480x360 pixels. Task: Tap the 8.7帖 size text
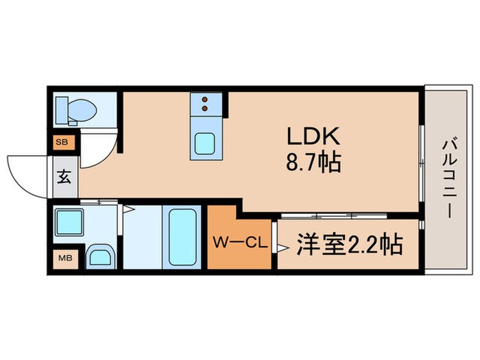315,163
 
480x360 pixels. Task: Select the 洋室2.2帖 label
349,244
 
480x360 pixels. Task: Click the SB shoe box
62,143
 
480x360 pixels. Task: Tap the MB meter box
62,259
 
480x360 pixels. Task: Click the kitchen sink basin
206,144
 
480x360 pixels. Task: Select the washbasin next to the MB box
100,258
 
